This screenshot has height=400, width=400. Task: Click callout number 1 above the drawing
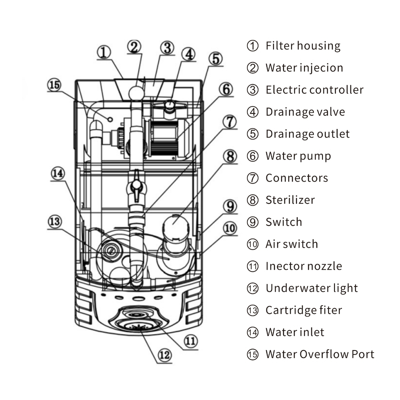point(104,52)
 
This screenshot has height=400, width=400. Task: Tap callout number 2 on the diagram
point(134,47)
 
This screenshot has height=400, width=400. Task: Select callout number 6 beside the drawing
point(226,89)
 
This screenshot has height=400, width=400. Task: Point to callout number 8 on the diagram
point(230,156)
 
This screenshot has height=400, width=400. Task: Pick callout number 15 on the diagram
point(54,85)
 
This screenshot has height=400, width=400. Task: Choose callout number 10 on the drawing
point(230,228)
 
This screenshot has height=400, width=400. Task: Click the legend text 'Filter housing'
point(303,46)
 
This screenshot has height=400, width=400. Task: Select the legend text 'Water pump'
point(298,156)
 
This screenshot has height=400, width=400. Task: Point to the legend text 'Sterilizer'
point(290,200)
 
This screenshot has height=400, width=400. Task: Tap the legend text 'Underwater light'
point(312,288)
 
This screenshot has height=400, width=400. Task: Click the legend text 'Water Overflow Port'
point(320,354)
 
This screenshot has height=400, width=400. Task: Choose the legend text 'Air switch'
point(292,244)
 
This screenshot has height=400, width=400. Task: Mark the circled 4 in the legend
point(253,112)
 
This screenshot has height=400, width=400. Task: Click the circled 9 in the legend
point(253,222)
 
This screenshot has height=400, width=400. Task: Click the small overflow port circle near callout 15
point(110,119)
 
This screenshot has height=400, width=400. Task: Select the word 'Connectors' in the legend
point(297,178)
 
